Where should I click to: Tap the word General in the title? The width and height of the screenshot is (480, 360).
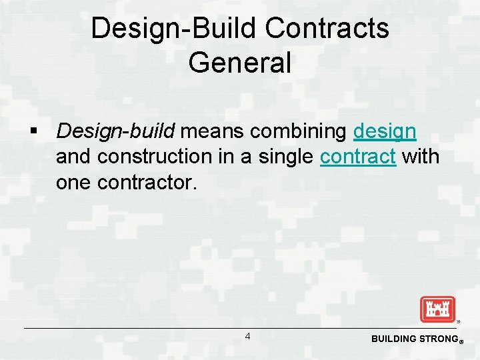[x=240, y=63]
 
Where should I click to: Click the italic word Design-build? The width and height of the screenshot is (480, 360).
[x=115, y=131]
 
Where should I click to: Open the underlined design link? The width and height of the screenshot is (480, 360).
[x=385, y=131]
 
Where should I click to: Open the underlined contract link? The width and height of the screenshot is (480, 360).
[x=358, y=157]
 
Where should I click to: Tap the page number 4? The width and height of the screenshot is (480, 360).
[x=247, y=337]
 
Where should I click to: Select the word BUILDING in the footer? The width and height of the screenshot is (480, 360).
[x=393, y=339]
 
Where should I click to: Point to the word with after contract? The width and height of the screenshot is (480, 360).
[x=421, y=157]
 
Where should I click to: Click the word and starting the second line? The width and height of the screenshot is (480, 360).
[x=73, y=157]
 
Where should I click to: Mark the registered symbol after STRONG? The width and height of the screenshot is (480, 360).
[x=461, y=341]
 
